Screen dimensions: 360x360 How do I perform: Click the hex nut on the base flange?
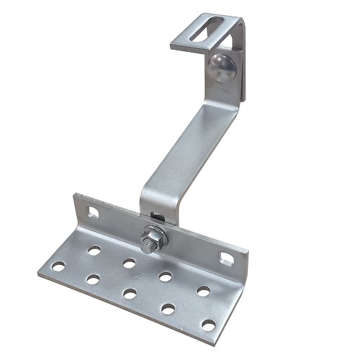(x=153, y=235)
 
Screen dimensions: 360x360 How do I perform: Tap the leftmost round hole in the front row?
(x=58, y=266)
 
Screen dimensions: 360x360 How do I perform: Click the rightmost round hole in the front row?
(x=208, y=325)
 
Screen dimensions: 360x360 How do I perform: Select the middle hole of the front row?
(x=130, y=294)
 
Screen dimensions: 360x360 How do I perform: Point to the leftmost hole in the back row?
(x=94, y=251)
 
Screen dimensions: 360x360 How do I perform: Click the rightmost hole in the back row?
(x=204, y=291)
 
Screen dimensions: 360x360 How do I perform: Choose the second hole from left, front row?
(x=93, y=279)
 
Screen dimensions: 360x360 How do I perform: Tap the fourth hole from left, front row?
(x=168, y=309)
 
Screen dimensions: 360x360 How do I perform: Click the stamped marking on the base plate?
(x=131, y=277)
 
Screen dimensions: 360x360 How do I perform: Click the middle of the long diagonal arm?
(x=184, y=144)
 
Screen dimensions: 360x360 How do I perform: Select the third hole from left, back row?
(x=166, y=276)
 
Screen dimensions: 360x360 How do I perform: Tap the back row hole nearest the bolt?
(x=130, y=263)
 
